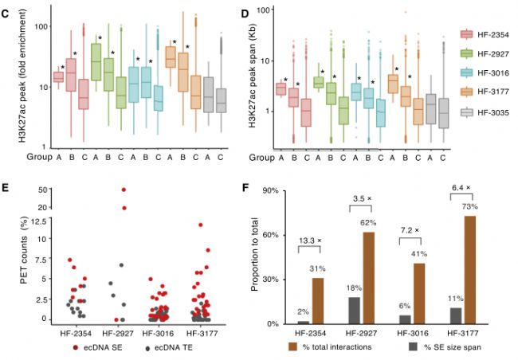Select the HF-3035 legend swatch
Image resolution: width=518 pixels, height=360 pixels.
click(465, 112)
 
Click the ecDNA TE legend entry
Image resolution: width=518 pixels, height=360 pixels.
click(173, 348)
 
